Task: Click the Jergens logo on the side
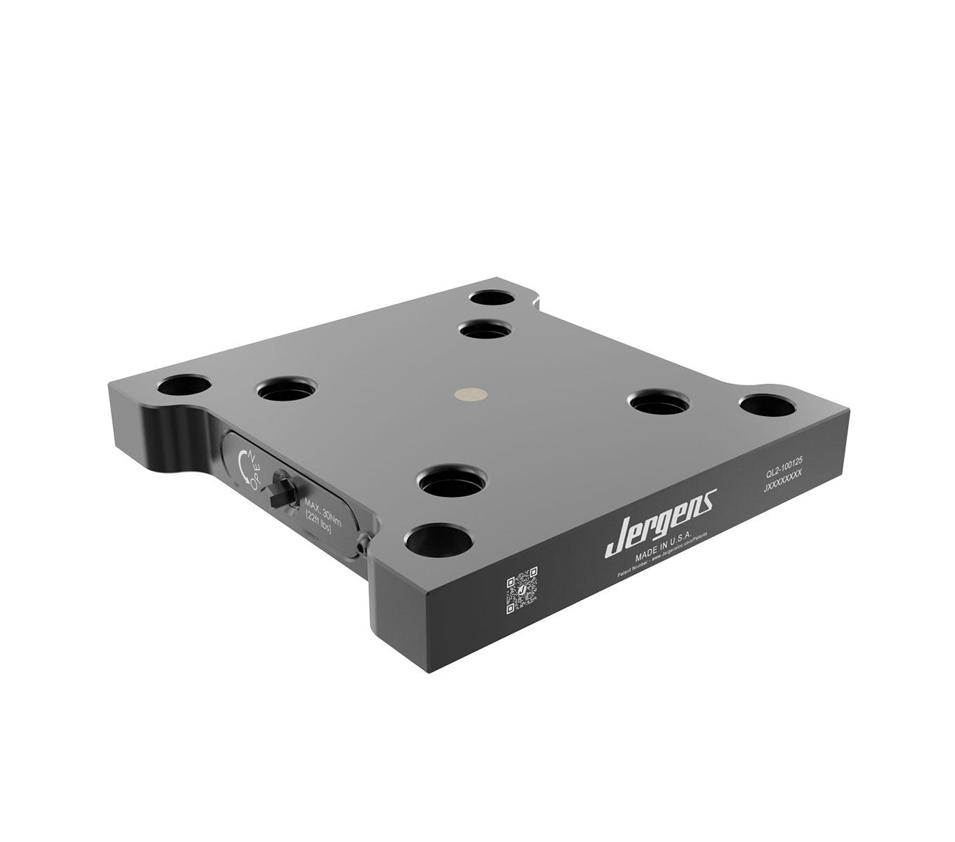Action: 660,517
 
